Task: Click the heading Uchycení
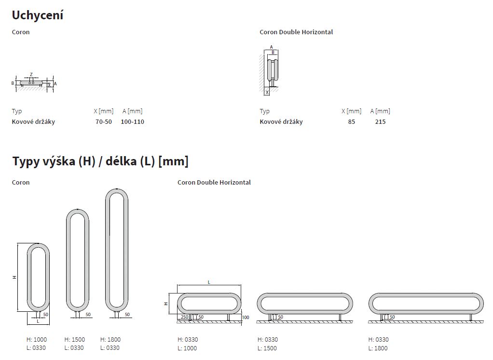point(38,15)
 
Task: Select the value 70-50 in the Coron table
point(104,122)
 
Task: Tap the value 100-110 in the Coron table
point(132,122)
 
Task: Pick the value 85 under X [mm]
point(352,122)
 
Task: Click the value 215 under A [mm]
point(380,122)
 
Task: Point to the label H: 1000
point(37,340)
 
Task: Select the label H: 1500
point(74,340)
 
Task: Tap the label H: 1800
point(110,340)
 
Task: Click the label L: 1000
point(187,348)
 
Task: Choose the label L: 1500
point(267,348)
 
